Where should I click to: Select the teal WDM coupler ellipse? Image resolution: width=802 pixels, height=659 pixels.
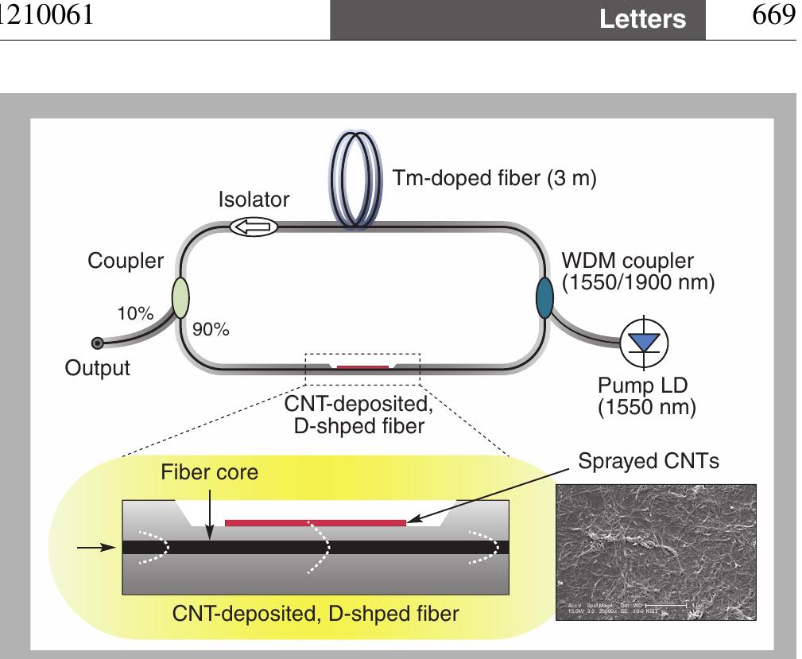(545, 297)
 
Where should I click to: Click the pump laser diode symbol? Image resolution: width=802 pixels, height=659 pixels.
(645, 343)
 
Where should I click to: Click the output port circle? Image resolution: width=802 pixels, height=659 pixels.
(97, 343)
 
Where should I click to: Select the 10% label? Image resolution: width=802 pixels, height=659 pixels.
(137, 313)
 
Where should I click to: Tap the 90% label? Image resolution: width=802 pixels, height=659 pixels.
(211, 331)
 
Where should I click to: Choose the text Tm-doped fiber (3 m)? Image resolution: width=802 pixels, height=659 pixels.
(494, 178)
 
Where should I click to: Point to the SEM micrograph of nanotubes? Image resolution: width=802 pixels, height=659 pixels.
(654, 552)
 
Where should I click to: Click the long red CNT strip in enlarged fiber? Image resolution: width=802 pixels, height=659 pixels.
(315, 522)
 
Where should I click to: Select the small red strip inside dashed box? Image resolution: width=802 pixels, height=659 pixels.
(362, 367)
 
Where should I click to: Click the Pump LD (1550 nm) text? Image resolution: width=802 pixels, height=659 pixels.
(646, 397)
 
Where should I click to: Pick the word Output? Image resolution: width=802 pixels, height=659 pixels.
(98, 369)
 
